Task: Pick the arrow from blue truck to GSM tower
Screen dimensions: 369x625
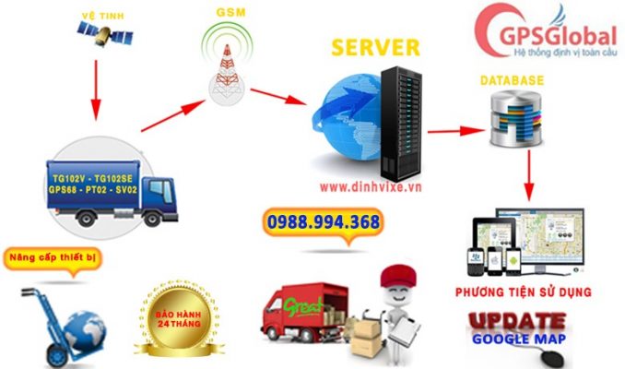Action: pyautogui.click(x=171, y=114)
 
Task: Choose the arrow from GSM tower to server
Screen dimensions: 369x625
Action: pyautogui.click(x=276, y=93)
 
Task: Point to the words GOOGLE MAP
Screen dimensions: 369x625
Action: pyautogui.click(x=520, y=339)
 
